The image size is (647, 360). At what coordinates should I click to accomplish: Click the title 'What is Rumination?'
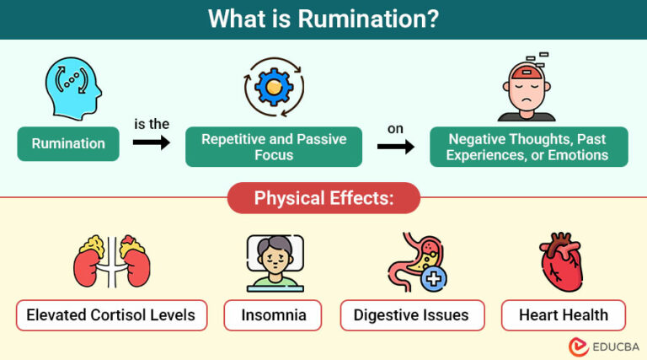[323, 19]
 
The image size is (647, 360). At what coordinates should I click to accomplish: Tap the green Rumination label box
[67, 143]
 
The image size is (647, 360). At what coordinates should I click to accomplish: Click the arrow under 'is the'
[151, 143]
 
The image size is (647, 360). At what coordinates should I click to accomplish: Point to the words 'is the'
[151, 124]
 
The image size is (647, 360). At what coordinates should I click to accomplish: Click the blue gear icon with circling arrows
[274, 87]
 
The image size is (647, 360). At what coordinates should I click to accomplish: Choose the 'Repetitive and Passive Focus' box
[274, 147]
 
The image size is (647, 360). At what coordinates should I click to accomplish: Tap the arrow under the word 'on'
[395, 148]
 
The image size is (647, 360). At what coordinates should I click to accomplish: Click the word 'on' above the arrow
[395, 128]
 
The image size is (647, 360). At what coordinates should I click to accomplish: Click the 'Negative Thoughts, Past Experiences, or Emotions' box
[527, 147]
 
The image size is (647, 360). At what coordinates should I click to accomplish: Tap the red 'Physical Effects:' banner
[324, 198]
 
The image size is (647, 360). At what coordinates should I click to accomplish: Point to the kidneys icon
[111, 262]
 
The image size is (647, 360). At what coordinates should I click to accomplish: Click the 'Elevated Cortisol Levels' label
[111, 315]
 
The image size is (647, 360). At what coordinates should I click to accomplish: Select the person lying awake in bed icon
[275, 262]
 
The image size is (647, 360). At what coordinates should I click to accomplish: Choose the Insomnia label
[275, 315]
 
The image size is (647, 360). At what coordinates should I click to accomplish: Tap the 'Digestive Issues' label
[412, 315]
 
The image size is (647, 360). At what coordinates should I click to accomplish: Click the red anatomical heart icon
[562, 262]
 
